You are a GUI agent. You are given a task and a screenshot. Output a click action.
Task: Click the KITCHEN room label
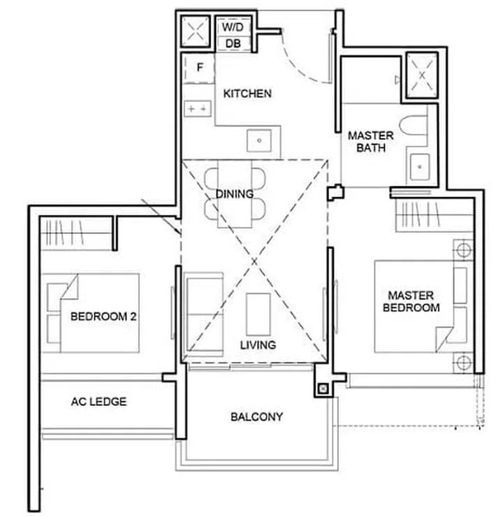pyautogui.click(x=247, y=93)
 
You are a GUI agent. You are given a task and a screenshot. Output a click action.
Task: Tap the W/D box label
pyautogui.click(x=233, y=27)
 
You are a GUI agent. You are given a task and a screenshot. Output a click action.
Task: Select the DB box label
pyautogui.click(x=233, y=43)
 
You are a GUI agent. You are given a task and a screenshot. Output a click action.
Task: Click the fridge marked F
pyautogui.click(x=199, y=68)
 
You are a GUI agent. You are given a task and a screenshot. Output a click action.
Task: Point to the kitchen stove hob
pyautogui.click(x=198, y=109)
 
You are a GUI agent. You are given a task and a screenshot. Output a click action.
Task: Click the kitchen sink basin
pyautogui.click(x=260, y=140)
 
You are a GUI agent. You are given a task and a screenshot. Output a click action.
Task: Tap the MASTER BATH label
pyautogui.click(x=370, y=142)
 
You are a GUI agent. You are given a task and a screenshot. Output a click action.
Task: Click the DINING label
pyautogui.click(x=234, y=194)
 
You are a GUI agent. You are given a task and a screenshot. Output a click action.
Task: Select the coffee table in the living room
pyautogui.click(x=258, y=314)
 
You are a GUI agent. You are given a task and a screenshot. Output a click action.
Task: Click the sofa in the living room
pyautogui.click(x=203, y=305)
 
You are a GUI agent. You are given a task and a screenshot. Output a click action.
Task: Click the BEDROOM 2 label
pyautogui.click(x=103, y=316)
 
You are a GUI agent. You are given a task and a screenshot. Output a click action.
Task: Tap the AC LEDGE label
pyautogui.click(x=99, y=402)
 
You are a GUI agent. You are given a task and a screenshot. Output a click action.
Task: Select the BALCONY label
pyautogui.click(x=256, y=417)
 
